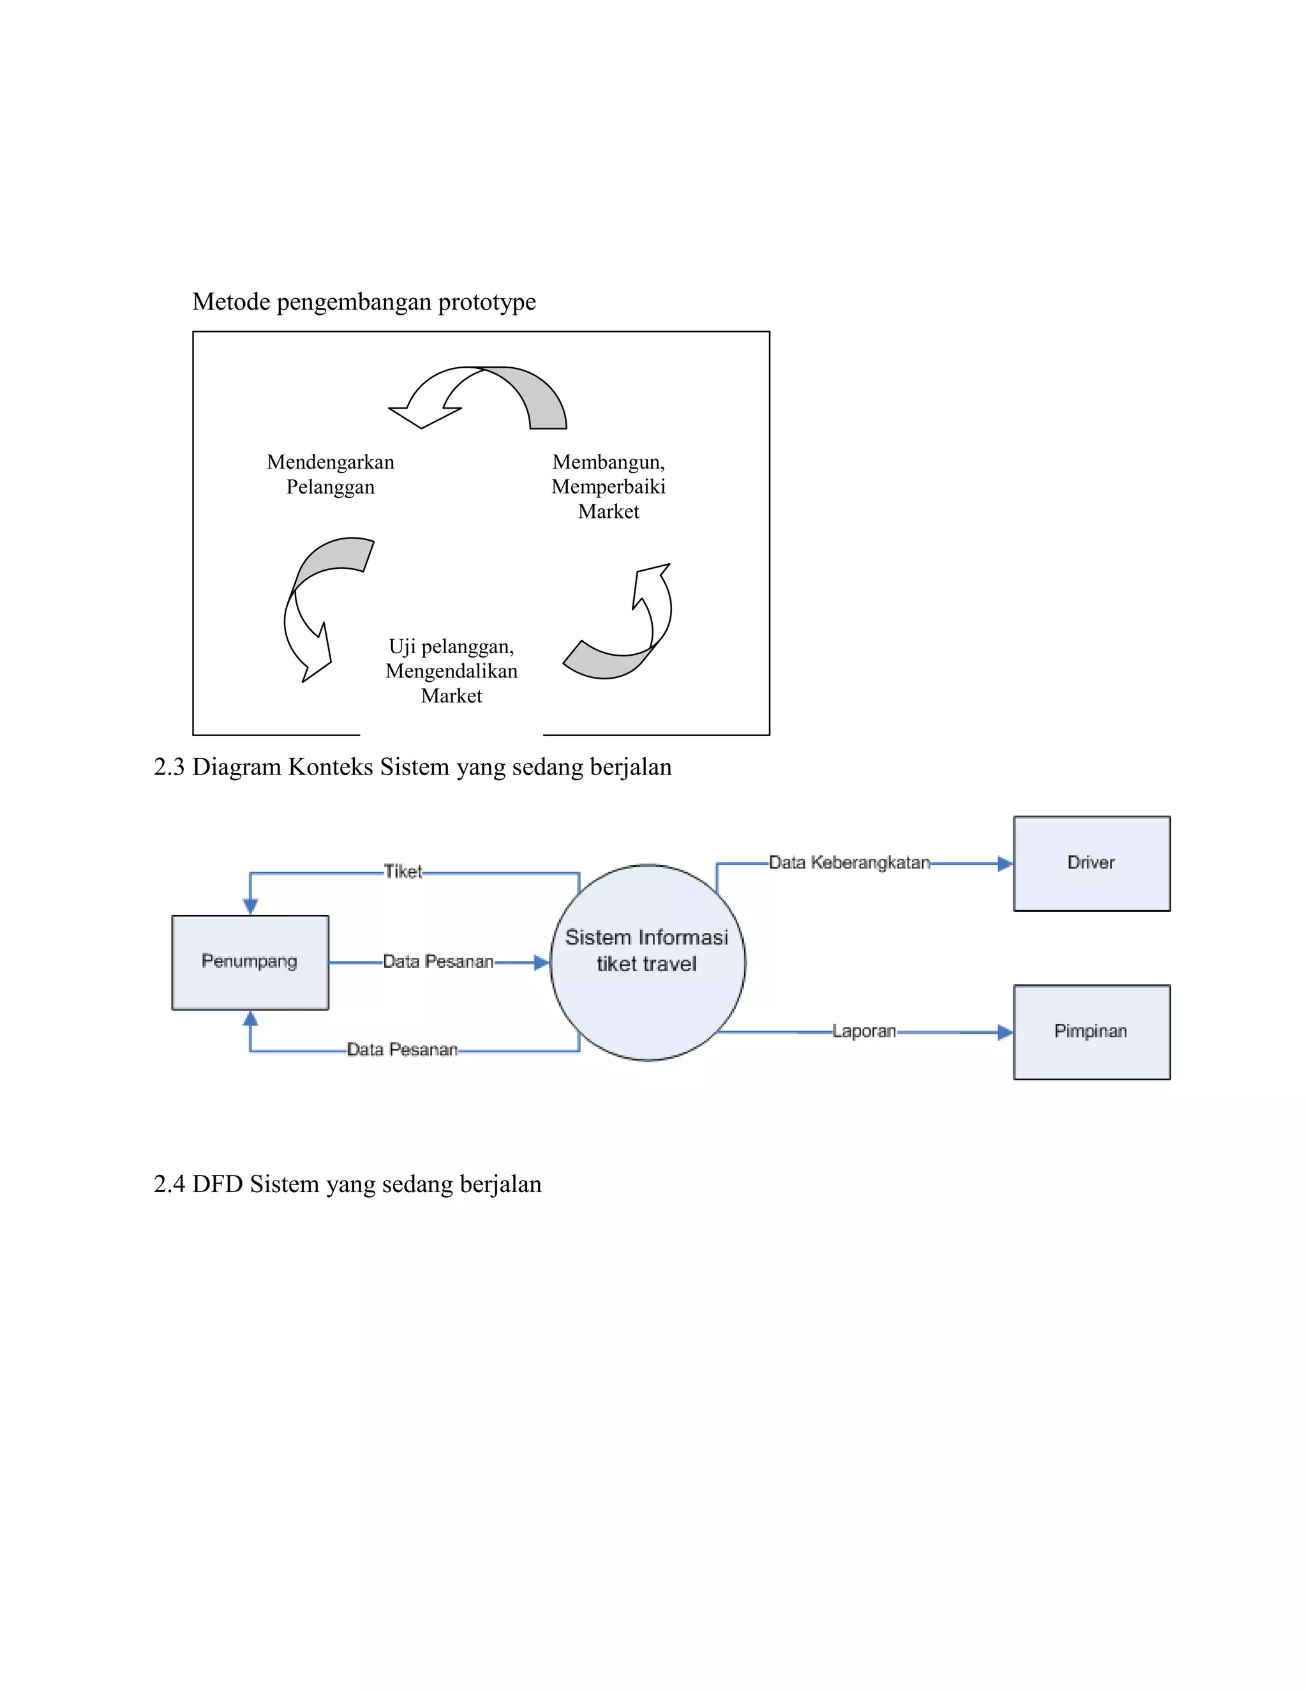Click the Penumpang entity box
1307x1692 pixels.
pyautogui.click(x=250, y=962)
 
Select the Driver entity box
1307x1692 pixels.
pyautogui.click(x=1091, y=863)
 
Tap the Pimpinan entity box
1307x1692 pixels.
pyautogui.click(x=1091, y=1032)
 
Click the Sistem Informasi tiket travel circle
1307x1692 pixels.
pyautogui.click(x=647, y=962)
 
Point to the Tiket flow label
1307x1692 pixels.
pyautogui.click(x=403, y=872)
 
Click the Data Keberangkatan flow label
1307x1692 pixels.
pyautogui.click(x=849, y=862)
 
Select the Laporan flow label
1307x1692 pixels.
pyautogui.click(x=863, y=1031)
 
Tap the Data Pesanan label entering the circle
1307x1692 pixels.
pyautogui.click(x=438, y=962)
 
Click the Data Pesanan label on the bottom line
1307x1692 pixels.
pyautogui.click(x=402, y=1050)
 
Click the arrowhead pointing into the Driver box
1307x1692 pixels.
pyautogui.click(x=1005, y=863)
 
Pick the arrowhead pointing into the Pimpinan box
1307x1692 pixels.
pyautogui.click(x=1005, y=1032)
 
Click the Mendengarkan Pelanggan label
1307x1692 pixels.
pyautogui.click(x=331, y=474)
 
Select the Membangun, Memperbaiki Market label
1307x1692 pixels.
pyautogui.click(x=609, y=487)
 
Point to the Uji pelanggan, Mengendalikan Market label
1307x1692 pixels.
pyautogui.click(x=451, y=671)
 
